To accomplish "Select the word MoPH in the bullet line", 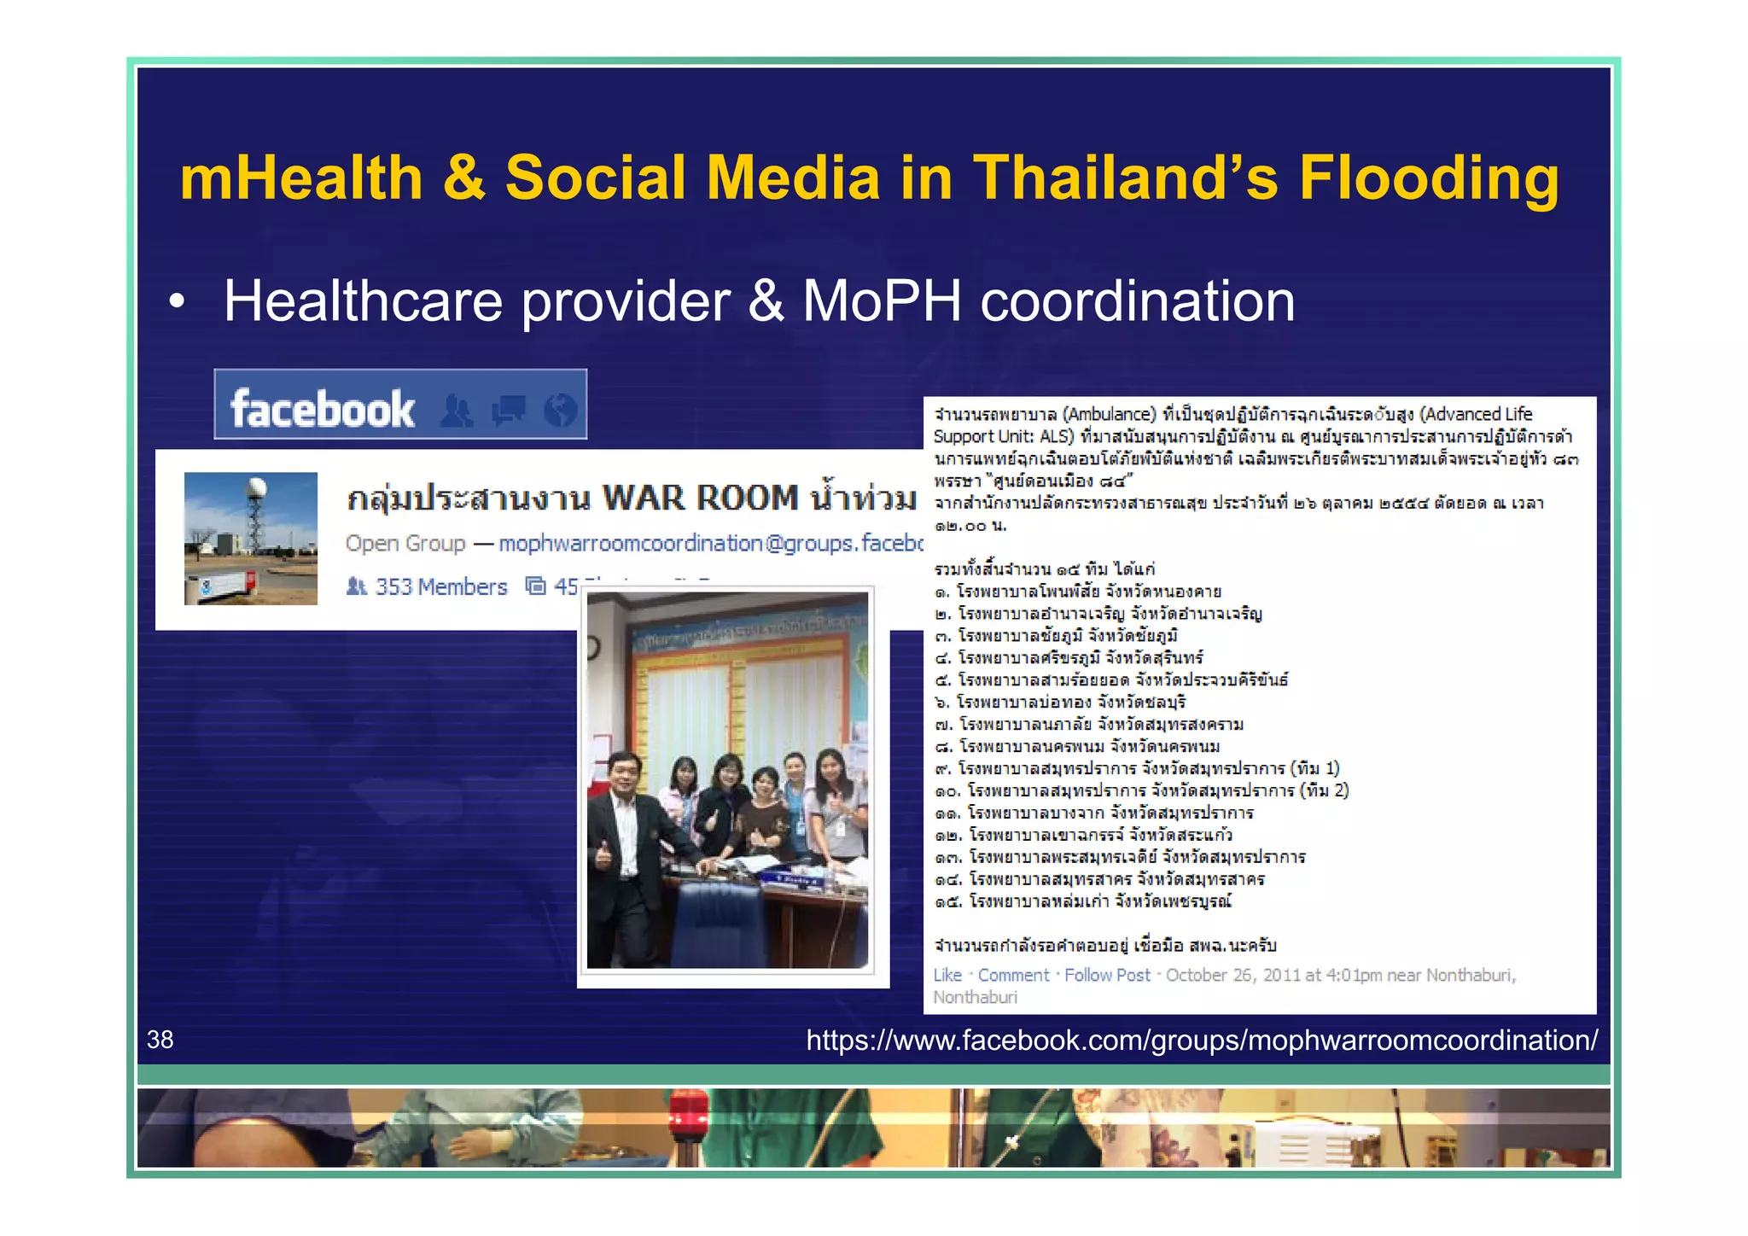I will click(882, 301).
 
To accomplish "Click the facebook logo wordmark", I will click(323, 409).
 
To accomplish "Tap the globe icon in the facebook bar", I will click(561, 410).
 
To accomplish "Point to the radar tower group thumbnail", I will click(251, 539).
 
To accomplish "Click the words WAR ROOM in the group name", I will click(700, 498).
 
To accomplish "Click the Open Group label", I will click(405, 543).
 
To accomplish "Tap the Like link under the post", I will click(947, 975).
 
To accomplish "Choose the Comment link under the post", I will click(1013, 975).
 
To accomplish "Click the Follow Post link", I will click(1107, 975).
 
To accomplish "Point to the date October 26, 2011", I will click(1230, 975).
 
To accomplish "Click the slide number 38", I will click(160, 1040).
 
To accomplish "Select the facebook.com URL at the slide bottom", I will click(1202, 1041).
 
